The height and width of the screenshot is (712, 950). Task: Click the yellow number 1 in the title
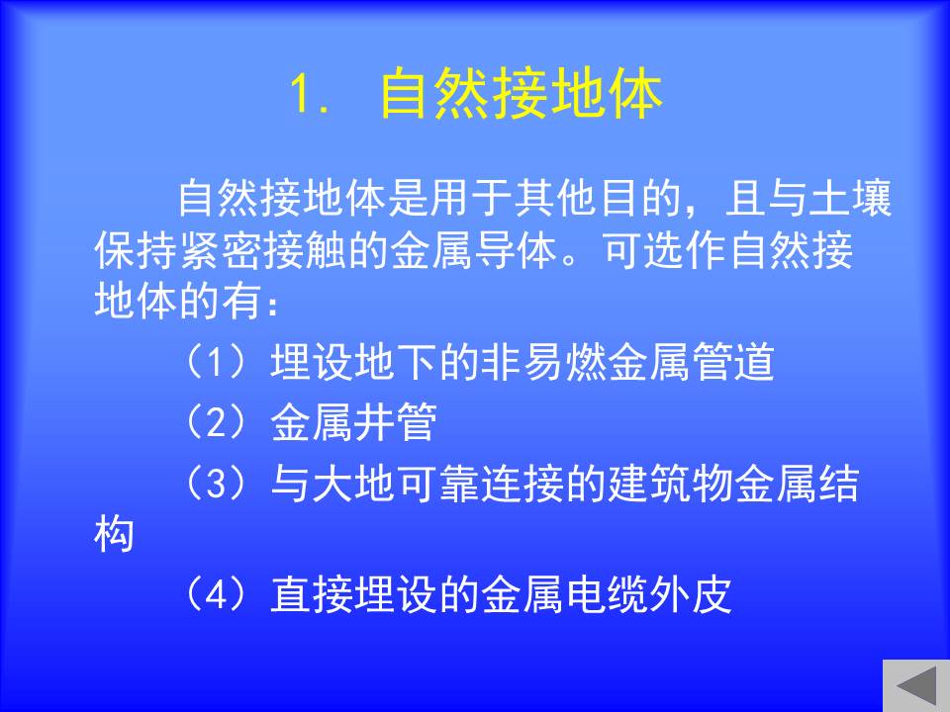(x=301, y=94)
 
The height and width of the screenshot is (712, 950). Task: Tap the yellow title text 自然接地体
(x=521, y=93)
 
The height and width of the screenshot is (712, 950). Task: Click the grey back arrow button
(x=916, y=685)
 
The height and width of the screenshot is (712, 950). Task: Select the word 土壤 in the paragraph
(x=850, y=198)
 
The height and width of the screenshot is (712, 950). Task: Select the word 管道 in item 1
(x=733, y=362)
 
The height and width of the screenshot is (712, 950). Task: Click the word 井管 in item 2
(x=395, y=422)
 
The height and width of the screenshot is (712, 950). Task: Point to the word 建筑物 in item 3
(x=671, y=483)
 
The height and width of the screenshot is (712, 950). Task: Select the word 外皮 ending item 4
(x=692, y=594)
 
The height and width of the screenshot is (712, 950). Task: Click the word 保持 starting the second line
(x=136, y=249)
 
